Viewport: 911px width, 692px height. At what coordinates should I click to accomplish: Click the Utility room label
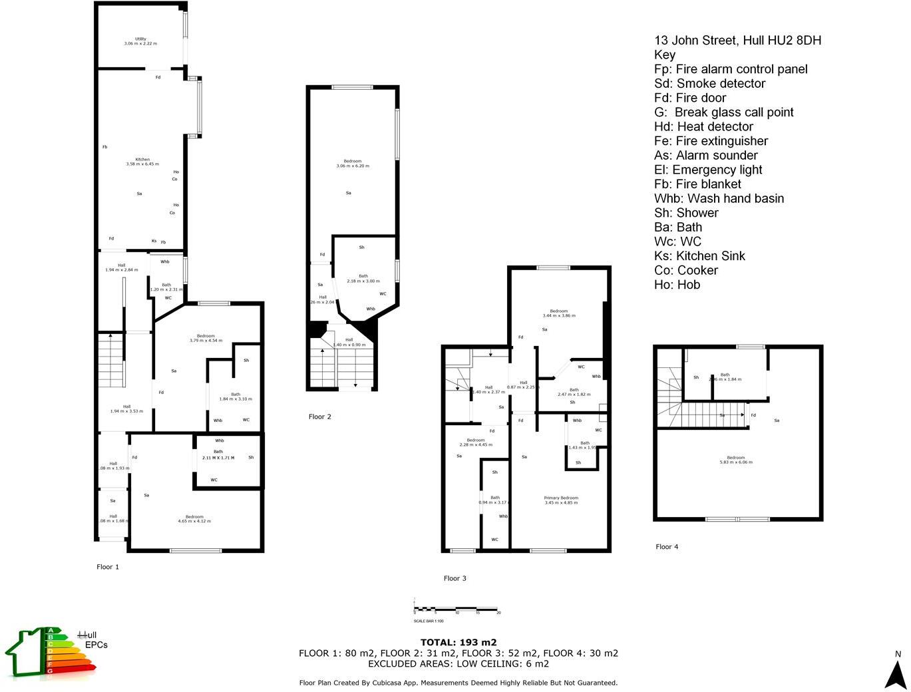(140, 41)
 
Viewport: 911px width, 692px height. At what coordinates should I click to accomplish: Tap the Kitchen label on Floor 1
(142, 162)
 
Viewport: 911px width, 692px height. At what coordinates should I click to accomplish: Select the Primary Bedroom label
(561, 500)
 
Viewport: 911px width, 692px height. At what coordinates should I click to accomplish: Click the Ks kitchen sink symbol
(154, 241)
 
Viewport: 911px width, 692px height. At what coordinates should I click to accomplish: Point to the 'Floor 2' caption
(319, 417)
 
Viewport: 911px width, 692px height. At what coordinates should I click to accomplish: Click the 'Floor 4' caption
(667, 547)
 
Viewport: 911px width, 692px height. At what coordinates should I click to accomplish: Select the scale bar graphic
(456, 609)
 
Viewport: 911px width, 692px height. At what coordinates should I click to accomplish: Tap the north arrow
(896, 672)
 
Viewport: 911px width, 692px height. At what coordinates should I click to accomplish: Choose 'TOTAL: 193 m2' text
(458, 642)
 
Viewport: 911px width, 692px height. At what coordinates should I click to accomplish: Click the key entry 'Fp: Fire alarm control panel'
(731, 69)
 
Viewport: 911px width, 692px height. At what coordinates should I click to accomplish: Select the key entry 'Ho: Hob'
(677, 285)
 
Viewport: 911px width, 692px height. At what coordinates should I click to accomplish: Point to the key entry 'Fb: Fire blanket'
(697, 184)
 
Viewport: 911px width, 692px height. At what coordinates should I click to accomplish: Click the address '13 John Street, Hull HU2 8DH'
(737, 41)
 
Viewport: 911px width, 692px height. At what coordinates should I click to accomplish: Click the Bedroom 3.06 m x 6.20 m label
(352, 163)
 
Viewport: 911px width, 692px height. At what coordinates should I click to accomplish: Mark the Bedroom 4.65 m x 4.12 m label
(194, 519)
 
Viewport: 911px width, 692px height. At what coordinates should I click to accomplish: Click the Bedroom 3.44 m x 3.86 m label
(559, 313)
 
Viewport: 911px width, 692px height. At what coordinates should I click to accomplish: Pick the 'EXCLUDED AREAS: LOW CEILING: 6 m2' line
(458, 663)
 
